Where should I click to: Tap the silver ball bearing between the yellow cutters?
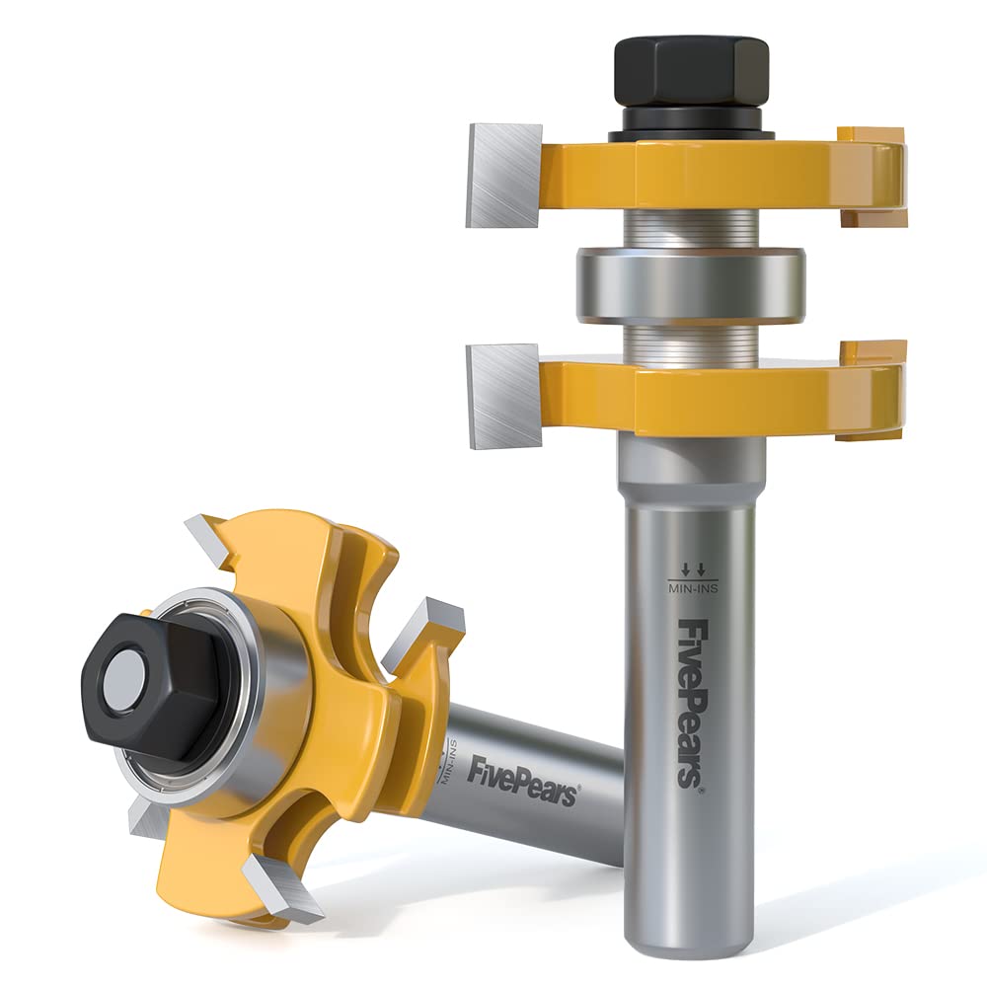click(691, 285)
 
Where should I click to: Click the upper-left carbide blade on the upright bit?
click(503, 175)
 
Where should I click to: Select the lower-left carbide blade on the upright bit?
click(503, 396)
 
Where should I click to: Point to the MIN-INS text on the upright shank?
click(693, 589)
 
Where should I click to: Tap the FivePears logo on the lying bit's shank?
click(522, 782)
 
